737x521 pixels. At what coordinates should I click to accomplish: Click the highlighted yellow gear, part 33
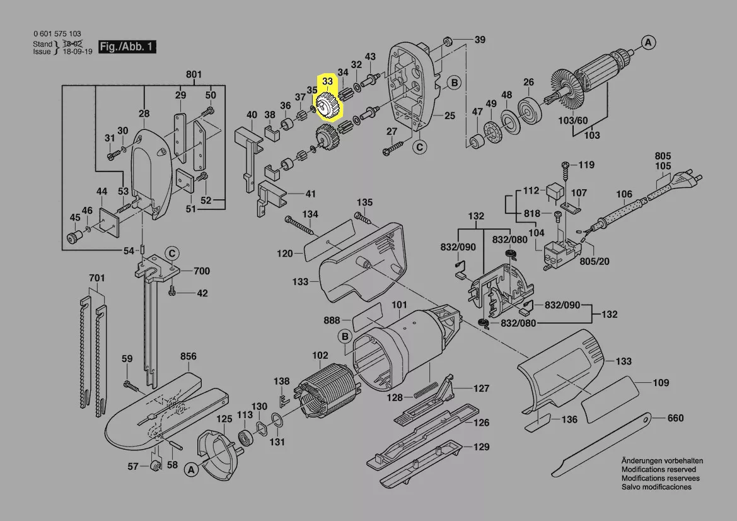tap(327, 106)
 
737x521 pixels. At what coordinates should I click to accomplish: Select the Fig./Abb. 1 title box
tap(127, 47)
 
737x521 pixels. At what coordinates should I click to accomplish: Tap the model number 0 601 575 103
tap(57, 34)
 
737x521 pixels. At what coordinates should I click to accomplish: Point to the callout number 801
tap(194, 75)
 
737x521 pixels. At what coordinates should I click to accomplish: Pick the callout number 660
tap(675, 418)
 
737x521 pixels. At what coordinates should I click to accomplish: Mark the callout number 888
tap(332, 320)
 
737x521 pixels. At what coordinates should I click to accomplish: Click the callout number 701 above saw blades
tap(96, 278)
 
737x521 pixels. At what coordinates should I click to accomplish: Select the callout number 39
tap(480, 40)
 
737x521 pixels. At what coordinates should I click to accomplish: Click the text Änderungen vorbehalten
tap(662, 461)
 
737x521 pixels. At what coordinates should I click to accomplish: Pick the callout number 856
tap(188, 356)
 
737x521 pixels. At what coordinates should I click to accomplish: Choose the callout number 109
tap(661, 383)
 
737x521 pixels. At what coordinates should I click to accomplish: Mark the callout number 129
tap(482, 447)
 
